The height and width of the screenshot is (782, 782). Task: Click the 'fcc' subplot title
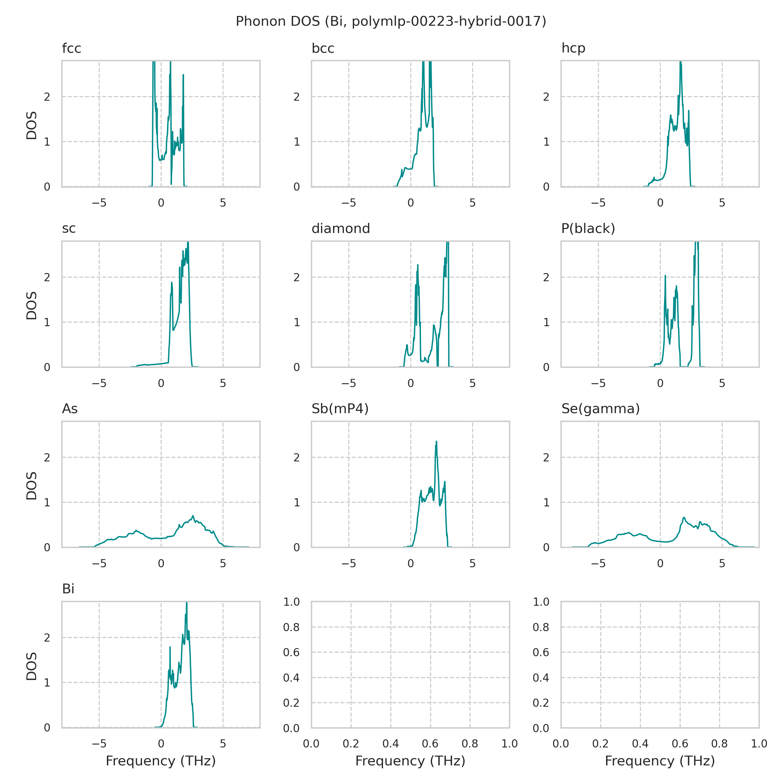click(x=72, y=48)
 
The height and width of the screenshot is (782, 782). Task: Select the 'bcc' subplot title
click(x=323, y=48)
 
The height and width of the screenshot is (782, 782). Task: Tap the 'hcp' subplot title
click(x=573, y=48)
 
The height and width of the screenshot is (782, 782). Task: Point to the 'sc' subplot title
click(x=69, y=229)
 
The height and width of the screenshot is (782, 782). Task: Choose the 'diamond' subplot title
click(x=340, y=229)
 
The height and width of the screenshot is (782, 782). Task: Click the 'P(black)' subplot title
click(x=588, y=229)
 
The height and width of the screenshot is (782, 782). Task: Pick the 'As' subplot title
click(x=70, y=409)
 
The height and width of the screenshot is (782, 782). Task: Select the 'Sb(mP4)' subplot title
click(x=340, y=409)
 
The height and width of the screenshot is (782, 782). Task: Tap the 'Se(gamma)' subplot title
click(x=600, y=409)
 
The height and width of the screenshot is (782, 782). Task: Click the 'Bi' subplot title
click(x=68, y=589)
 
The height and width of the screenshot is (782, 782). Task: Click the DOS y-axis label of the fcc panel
click(x=32, y=125)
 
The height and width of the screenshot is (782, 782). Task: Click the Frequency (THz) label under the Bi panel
click(x=161, y=761)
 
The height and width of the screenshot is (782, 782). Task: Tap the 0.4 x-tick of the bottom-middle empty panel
click(x=391, y=744)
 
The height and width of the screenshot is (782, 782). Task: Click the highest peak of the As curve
click(x=193, y=516)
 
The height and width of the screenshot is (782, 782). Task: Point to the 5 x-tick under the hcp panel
click(x=722, y=203)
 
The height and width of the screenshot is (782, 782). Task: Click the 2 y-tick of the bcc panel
click(x=297, y=97)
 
